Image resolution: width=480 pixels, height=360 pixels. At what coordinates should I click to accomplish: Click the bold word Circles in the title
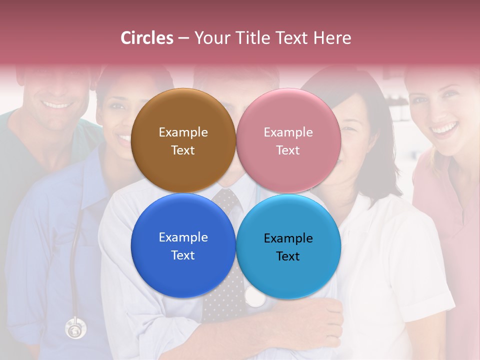(x=147, y=38)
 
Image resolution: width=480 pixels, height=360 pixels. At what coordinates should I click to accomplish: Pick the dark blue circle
(x=183, y=270)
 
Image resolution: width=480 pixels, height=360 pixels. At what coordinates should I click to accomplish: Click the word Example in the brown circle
(x=183, y=132)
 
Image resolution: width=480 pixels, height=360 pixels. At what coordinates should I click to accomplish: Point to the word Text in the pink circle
(x=288, y=150)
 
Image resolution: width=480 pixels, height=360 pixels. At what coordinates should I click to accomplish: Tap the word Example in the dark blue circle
(x=183, y=237)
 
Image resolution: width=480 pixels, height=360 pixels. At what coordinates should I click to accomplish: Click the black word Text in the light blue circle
(x=288, y=256)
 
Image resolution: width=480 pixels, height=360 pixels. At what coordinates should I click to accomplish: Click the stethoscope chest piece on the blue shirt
(x=75, y=329)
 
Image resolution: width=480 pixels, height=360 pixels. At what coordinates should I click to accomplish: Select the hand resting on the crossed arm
(x=320, y=320)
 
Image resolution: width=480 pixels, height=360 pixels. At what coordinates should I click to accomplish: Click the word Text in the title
(x=290, y=38)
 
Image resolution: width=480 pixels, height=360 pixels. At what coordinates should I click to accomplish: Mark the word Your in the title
(x=210, y=38)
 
